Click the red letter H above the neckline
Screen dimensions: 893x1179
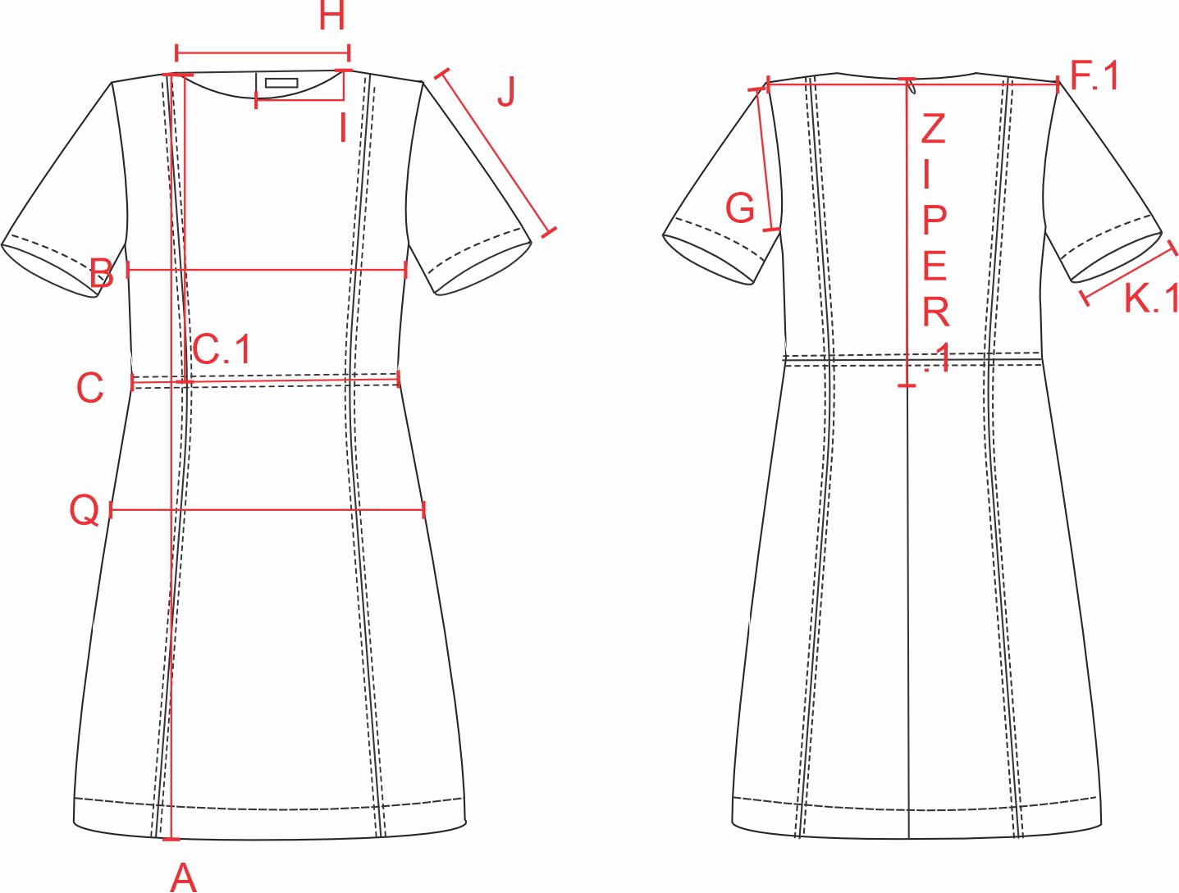point(331,16)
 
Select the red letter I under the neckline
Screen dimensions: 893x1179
point(343,128)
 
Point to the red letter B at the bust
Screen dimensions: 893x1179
point(102,272)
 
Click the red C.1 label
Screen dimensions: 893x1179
point(222,349)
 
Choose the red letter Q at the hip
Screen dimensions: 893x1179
point(85,510)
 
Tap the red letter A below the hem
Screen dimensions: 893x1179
point(184,877)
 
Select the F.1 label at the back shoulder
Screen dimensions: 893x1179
point(1095,76)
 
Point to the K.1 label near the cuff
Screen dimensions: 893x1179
point(1151,298)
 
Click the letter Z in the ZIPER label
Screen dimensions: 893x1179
point(933,129)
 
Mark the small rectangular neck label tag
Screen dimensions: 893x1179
point(281,83)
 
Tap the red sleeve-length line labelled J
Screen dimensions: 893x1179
point(496,152)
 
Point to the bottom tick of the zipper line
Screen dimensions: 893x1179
point(907,385)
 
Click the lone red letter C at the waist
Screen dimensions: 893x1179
point(90,388)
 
